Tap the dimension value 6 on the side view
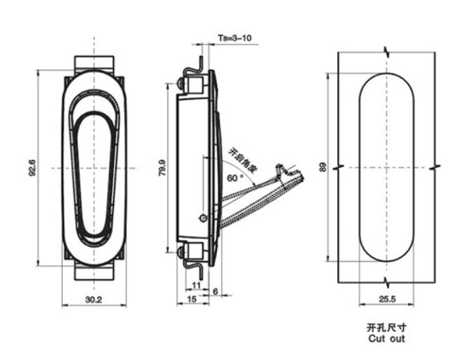[x=216, y=291]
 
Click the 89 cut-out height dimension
[x=323, y=166]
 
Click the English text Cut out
[x=386, y=337]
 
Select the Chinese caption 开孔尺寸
[x=386, y=327]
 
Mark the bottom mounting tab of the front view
[x=95, y=270]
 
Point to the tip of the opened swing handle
[x=304, y=175]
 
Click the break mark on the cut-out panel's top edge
[x=387, y=52]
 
